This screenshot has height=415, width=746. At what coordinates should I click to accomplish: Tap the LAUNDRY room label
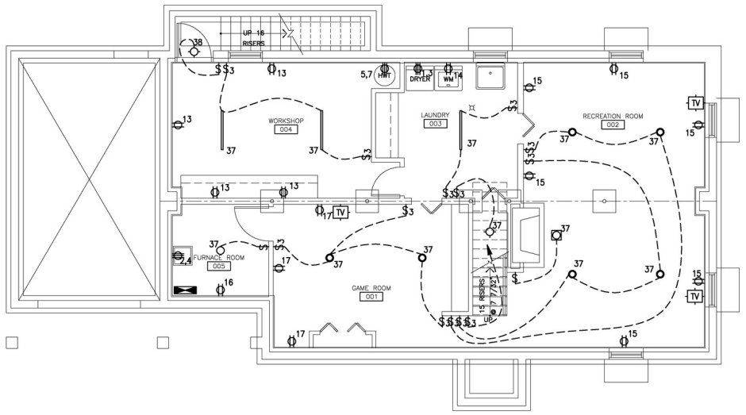[435, 115]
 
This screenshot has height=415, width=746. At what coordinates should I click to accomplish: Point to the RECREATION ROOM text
[612, 116]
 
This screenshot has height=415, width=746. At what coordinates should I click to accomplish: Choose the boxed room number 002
[612, 125]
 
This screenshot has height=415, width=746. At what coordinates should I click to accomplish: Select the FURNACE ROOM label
[219, 258]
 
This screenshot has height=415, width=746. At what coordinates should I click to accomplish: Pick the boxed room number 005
[218, 267]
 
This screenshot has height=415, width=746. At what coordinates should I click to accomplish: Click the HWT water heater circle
[386, 74]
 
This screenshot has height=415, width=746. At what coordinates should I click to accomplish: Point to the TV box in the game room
[340, 213]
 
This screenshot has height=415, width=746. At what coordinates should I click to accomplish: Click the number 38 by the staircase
[198, 41]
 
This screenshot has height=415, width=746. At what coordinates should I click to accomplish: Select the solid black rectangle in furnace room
[183, 290]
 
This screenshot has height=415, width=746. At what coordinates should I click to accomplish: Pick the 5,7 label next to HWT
[367, 74]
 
